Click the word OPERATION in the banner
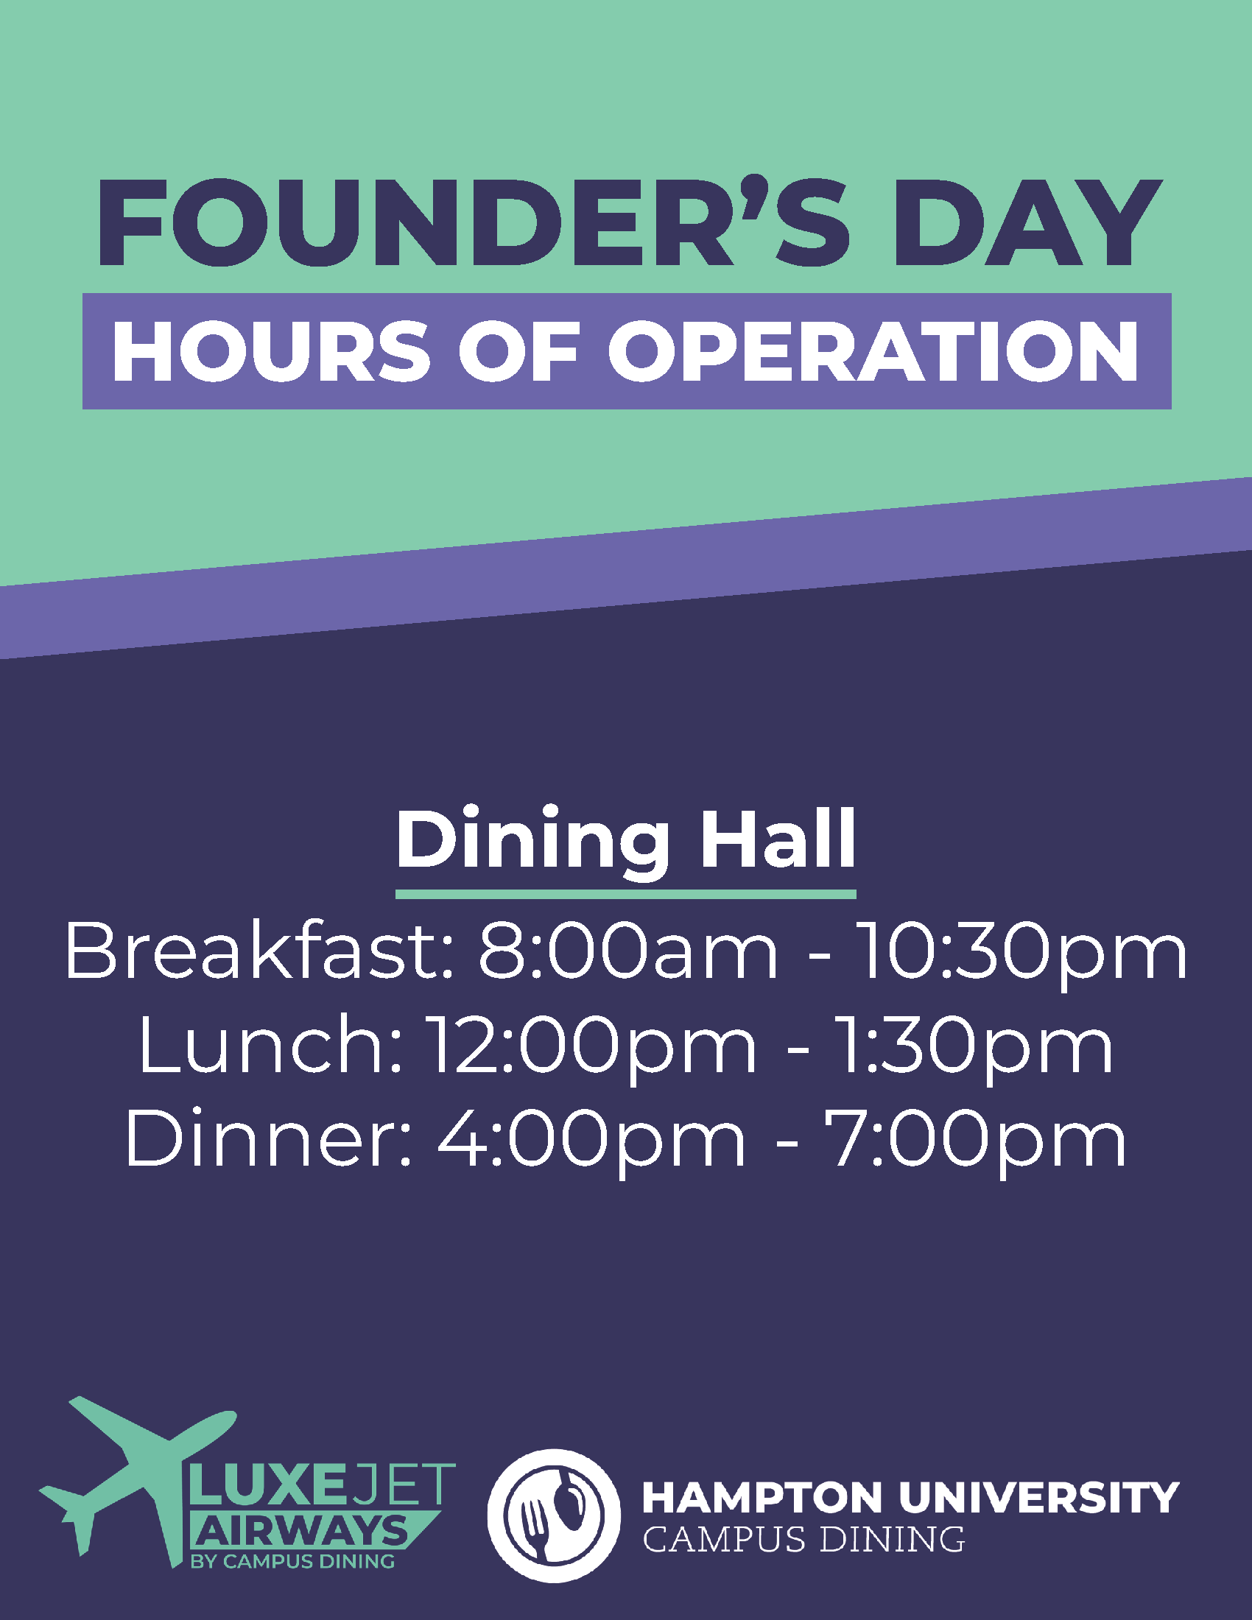(x=873, y=351)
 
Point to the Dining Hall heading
(x=626, y=840)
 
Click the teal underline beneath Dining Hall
(x=626, y=895)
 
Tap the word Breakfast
(x=259, y=951)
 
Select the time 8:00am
(x=627, y=952)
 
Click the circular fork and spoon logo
(x=554, y=1515)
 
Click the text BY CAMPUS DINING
(x=292, y=1561)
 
